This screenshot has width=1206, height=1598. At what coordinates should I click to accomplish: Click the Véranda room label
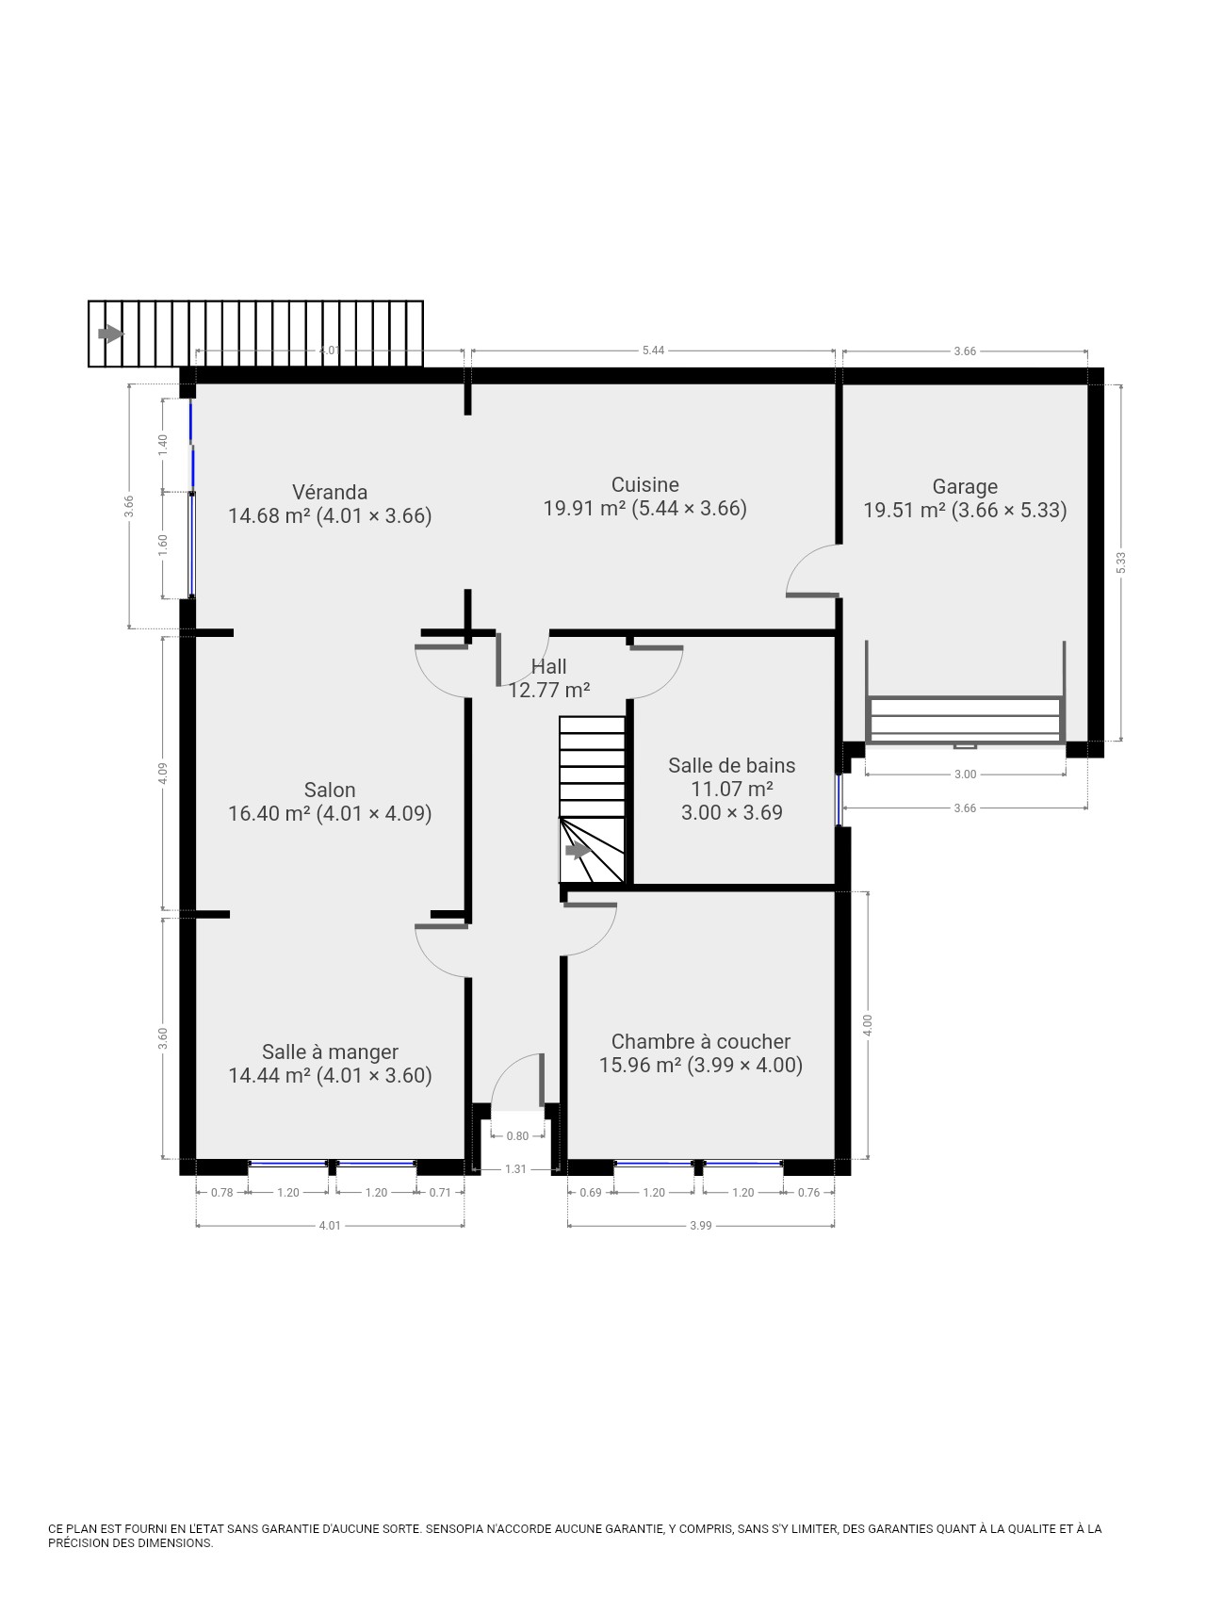[330, 493]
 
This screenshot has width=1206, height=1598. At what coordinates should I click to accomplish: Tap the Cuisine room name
[645, 485]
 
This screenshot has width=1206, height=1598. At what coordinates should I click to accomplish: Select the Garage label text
[965, 487]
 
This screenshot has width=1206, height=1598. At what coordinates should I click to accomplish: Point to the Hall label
[549, 667]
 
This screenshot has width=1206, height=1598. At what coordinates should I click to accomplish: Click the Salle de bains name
[732, 765]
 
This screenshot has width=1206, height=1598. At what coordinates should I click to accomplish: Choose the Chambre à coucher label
[701, 1041]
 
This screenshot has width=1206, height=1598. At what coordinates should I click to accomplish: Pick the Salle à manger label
[330, 1052]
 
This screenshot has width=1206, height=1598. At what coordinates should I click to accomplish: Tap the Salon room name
[330, 791]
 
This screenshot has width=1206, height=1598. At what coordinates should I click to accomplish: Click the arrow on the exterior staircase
[111, 334]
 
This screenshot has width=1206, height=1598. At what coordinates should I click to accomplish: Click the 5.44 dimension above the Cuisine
[653, 351]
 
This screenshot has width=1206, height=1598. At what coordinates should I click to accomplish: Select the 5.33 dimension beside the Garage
[1120, 563]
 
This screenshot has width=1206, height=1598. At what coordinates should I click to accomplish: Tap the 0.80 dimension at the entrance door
[517, 1136]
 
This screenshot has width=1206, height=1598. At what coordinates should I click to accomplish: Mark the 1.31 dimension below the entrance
[515, 1169]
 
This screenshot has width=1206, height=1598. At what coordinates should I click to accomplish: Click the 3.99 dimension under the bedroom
[700, 1226]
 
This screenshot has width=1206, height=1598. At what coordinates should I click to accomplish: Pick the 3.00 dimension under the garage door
[965, 775]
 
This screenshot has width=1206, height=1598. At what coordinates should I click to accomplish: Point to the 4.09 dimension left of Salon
[163, 774]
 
